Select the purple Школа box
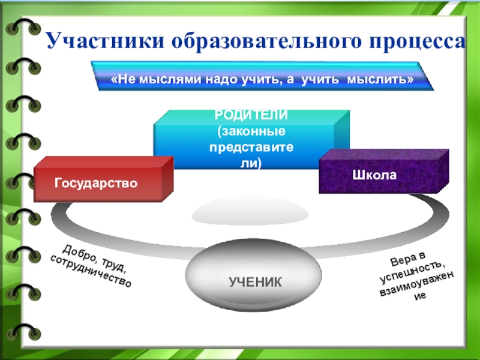click(x=383, y=174)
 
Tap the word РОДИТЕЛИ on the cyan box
click(x=251, y=116)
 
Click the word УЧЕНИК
click(x=254, y=281)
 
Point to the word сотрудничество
click(x=91, y=271)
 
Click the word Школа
click(x=383, y=175)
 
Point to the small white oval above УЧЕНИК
click(x=250, y=213)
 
